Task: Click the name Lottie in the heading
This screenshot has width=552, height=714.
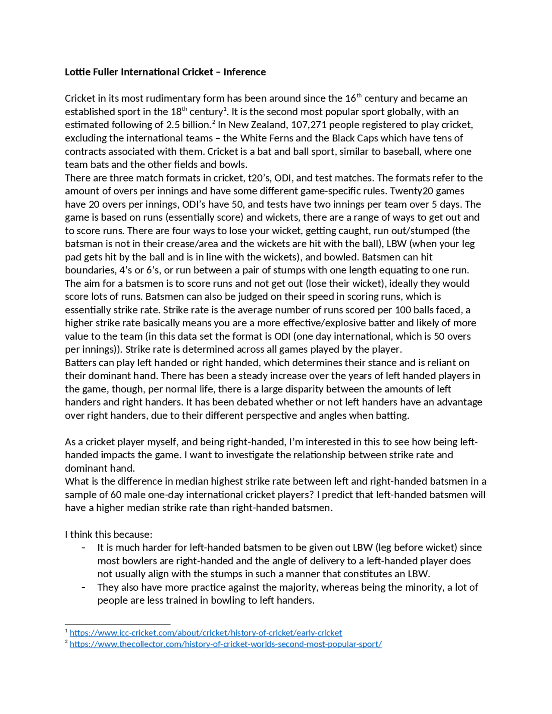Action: (77, 72)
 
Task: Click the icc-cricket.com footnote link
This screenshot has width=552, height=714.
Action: (206, 633)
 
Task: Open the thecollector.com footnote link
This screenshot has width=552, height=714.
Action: (226, 644)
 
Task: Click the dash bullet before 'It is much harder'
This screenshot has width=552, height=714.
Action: (83, 548)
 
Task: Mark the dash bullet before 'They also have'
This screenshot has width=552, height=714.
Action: (83, 587)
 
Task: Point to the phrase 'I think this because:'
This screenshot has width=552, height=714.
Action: (109, 535)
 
